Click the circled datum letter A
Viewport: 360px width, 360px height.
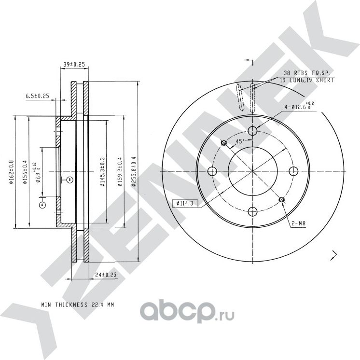(42, 205)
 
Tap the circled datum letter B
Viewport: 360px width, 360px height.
(69, 180)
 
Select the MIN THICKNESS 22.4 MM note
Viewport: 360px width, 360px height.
(77, 305)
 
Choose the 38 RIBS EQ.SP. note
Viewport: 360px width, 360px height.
(307, 72)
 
